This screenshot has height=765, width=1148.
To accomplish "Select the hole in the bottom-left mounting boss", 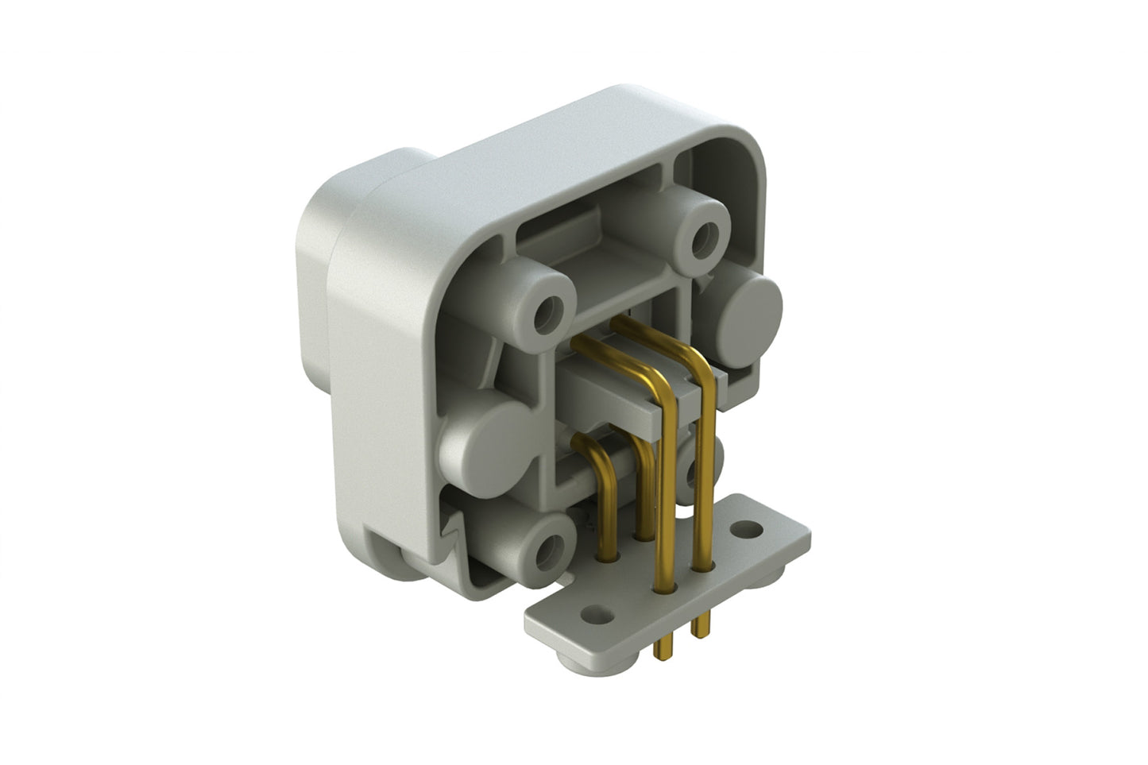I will click(547, 549).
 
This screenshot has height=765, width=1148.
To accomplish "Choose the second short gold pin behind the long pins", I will click(645, 485).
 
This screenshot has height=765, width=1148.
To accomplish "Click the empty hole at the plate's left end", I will click(591, 613).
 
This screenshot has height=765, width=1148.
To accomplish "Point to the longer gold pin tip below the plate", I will click(659, 647).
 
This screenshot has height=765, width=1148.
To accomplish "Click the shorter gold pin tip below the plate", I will click(698, 627).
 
